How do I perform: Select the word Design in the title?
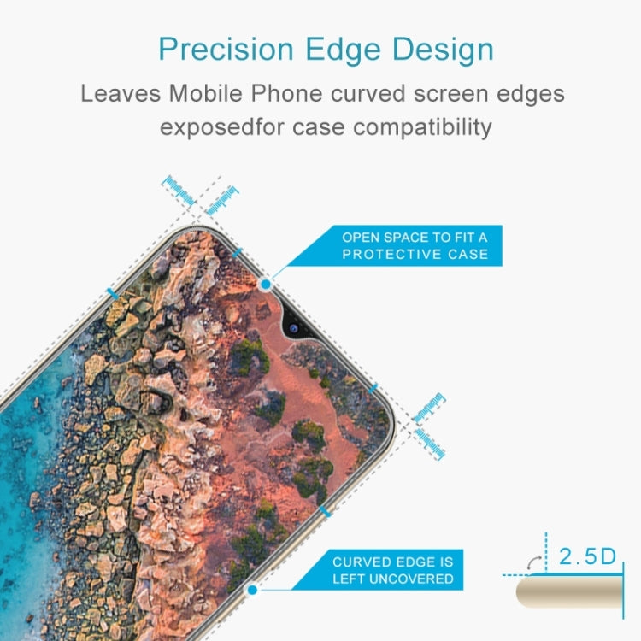point(447,50)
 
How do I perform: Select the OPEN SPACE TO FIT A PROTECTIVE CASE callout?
point(415,246)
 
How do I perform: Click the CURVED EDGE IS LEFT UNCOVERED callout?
point(393,570)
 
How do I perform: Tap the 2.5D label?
point(587,557)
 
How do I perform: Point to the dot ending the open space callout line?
point(266,283)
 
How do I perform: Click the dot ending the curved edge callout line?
point(252,589)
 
